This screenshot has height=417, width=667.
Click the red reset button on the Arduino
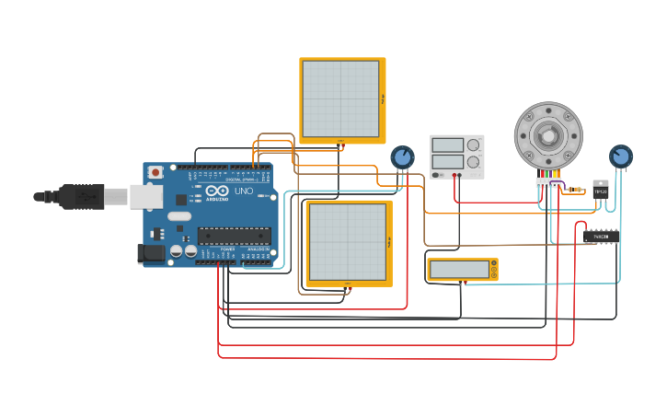155,172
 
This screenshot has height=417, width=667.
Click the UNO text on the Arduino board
244,191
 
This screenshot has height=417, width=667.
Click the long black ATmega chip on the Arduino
234,236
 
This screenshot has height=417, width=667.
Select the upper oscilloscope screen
340,98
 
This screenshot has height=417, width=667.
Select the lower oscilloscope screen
347,241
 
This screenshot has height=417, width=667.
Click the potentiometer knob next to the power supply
402,157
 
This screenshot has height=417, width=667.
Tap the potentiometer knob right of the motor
621,156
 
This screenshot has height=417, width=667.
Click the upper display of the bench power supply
448,145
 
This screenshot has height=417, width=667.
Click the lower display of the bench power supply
448,162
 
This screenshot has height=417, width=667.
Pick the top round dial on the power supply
474,145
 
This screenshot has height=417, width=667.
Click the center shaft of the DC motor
548,136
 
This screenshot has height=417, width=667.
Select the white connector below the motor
548,183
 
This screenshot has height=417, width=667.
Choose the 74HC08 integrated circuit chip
601,237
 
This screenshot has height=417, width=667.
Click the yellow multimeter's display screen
459,270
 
